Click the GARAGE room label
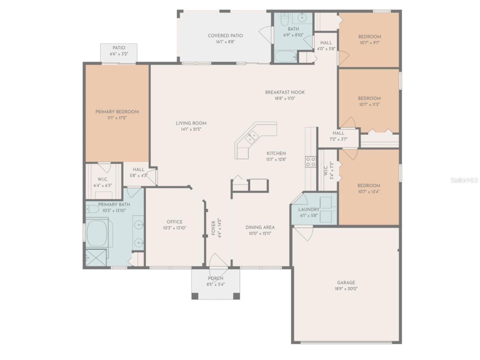click(x=346, y=282)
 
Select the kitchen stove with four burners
click(x=311, y=162)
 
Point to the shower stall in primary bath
click(x=96, y=257)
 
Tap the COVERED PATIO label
click(x=225, y=36)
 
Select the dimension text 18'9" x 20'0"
click(x=346, y=289)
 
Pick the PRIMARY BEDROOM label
click(x=117, y=112)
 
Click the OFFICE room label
click(x=174, y=222)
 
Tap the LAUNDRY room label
click(x=309, y=209)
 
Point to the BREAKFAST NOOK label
click(x=285, y=92)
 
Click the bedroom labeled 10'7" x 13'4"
click(x=369, y=188)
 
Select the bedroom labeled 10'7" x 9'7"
click(x=370, y=40)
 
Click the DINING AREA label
click(x=260, y=227)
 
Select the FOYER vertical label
click(x=213, y=228)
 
